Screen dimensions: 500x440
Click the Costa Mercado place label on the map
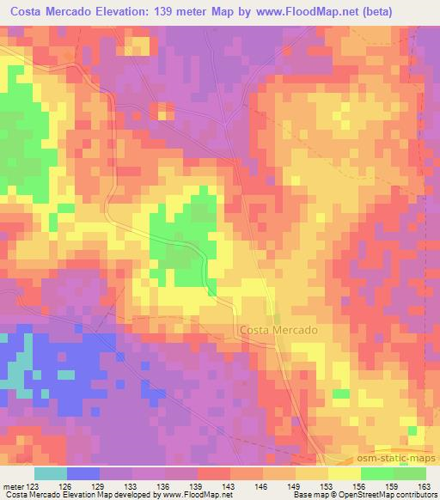coord(278,330)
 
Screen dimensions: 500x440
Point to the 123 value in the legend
coord(32,487)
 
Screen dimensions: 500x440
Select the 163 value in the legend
coord(425,487)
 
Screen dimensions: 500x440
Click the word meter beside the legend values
coord(12,487)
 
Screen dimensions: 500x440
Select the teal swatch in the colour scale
coord(51,473)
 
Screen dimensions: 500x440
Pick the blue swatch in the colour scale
coord(83,473)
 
